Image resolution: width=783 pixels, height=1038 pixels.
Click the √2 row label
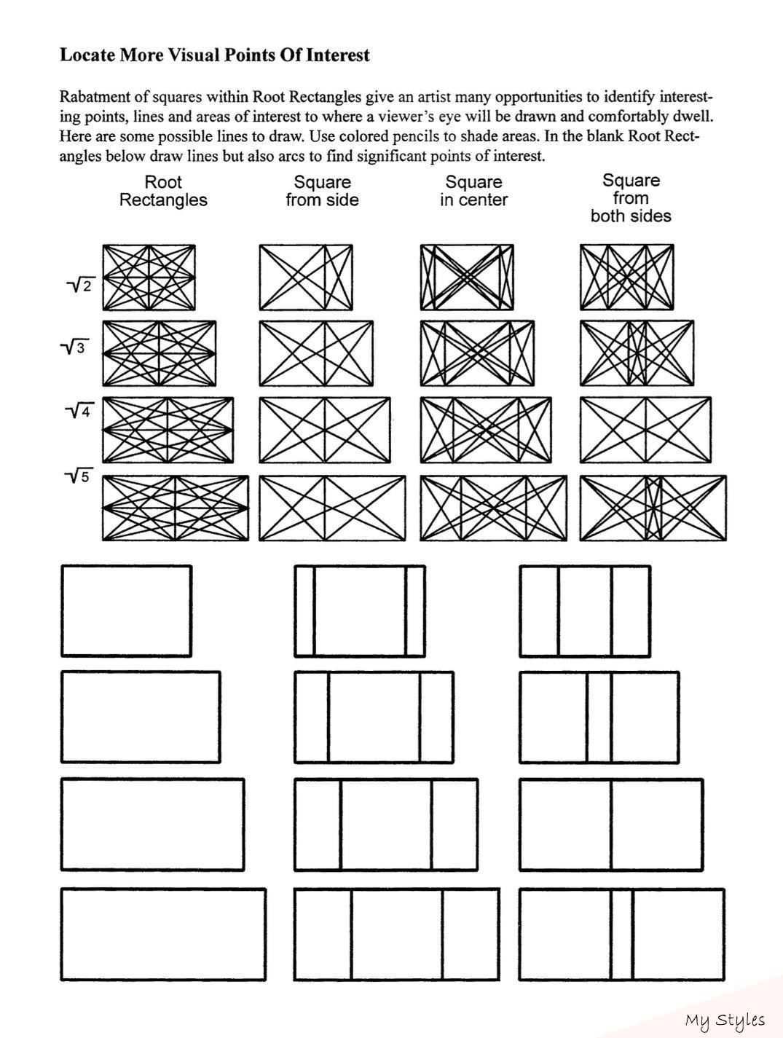(82, 285)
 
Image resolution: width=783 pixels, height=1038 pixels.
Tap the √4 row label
(79, 412)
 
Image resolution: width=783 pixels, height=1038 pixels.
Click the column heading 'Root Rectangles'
(163, 191)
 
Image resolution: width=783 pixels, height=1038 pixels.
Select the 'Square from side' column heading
(322, 191)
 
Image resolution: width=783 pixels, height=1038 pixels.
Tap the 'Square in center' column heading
(473, 191)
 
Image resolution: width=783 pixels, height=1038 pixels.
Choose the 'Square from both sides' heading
(631, 198)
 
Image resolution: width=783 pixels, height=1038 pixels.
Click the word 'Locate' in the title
(87, 55)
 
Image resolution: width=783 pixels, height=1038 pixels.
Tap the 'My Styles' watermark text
(724, 1020)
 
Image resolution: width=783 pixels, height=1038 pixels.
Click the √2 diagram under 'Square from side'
(306, 277)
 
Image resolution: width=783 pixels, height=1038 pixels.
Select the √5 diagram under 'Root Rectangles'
(176, 508)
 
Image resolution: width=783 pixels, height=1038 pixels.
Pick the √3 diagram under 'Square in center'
(476, 353)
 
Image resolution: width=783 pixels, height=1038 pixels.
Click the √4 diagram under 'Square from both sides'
(645, 430)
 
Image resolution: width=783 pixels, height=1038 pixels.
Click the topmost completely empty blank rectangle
(126, 610)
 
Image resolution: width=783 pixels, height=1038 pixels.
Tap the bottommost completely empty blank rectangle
(162, 934)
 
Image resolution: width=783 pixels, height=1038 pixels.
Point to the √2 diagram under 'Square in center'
(467, 277)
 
